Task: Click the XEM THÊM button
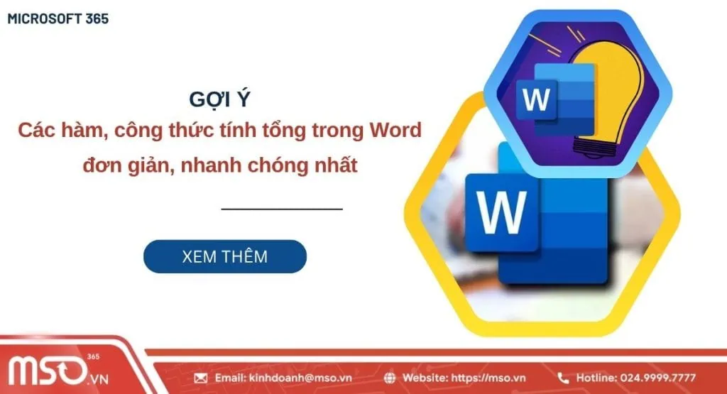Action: (x=224, y=256)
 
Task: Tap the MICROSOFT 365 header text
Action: (x=58, y=19)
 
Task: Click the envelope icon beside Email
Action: (x=201, y=378)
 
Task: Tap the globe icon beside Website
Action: (x=390, y=378)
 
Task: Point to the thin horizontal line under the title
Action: (x=282, y=209)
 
